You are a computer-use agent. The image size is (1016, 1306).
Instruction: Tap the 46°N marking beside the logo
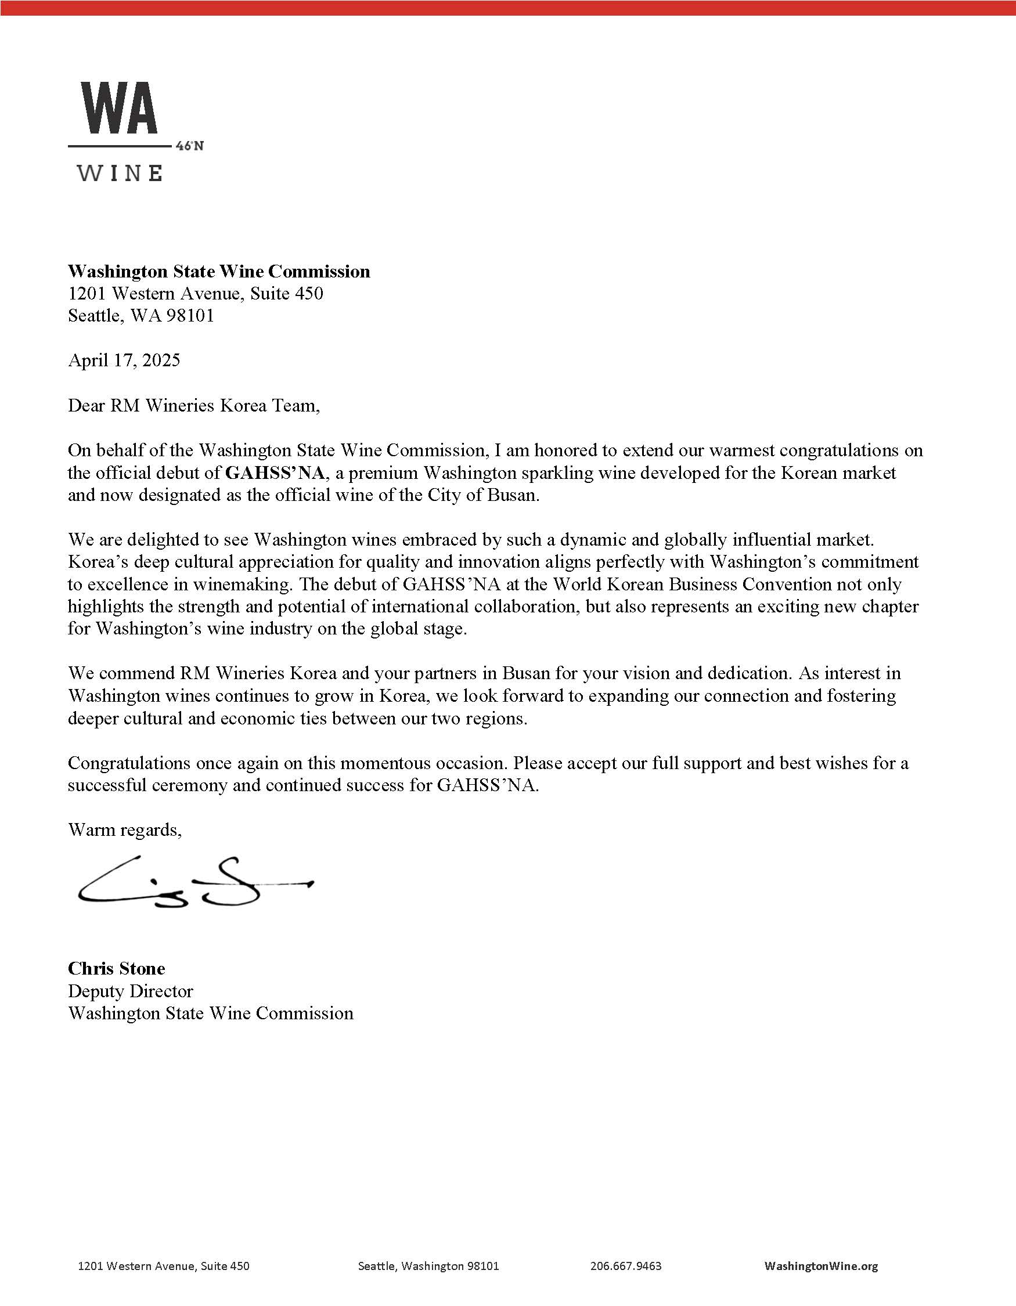[190, 146]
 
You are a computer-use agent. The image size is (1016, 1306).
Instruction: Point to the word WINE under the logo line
[120, 174]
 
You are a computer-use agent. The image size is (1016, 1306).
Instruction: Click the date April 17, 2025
[124, 360]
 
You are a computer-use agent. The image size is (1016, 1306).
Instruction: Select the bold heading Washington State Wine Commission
[219, 272]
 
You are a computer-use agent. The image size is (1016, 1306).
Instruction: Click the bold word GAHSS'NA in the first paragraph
[276, 474]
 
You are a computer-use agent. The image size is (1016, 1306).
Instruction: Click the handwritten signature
[192, 883]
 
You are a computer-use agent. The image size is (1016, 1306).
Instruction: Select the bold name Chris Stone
[117, 968]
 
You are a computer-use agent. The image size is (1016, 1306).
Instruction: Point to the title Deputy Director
[131, 991]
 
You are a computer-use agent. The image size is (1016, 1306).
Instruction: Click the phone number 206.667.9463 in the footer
[625, 1266]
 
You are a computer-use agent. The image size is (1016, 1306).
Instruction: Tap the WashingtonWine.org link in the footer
[821, 1266]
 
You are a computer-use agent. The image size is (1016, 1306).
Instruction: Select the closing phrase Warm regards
[124, 830]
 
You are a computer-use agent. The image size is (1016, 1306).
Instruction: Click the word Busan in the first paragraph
[516, 496]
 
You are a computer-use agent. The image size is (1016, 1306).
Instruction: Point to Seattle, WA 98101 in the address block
[141, 316]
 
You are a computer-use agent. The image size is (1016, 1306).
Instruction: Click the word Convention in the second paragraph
[788, 585]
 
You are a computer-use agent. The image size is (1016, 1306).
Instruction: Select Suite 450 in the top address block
[286, 294]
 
